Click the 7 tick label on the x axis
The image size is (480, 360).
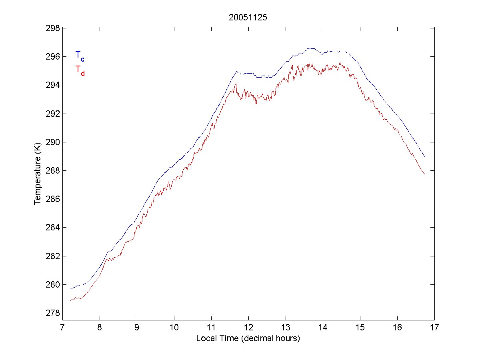[62, 328]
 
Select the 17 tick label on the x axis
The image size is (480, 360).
[434, 328]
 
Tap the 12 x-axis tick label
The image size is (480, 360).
[248, 328]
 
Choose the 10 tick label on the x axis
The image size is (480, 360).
[174, 328]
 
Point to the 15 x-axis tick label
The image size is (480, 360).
[360, 328]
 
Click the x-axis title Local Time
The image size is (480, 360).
[248, 338]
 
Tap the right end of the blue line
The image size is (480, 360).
[425, 157]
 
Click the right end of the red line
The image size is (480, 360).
[425, 174]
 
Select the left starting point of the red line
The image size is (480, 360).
[70, 300]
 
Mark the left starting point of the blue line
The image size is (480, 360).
[70, 288]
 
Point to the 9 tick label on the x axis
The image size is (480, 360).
[137, 328]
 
